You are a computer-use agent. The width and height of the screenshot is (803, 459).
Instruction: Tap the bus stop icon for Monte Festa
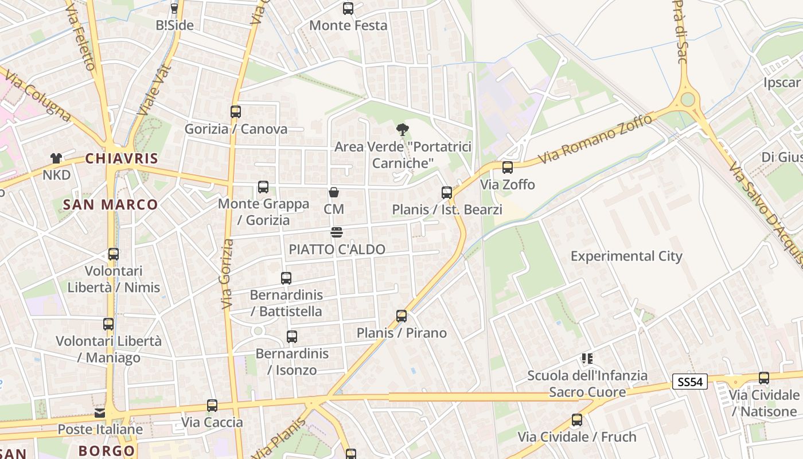point(348,9)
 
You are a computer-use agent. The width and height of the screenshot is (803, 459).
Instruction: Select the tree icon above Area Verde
point(403,130)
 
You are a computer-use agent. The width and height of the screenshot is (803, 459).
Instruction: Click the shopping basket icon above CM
point(334,192)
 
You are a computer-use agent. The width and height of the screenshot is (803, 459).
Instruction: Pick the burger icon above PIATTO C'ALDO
point(337,232)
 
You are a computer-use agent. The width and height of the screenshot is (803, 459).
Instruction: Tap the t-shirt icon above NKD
point(56,158)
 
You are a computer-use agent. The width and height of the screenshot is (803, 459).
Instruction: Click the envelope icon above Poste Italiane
point(100,413)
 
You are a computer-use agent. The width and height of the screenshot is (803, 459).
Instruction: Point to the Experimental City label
point(626,256)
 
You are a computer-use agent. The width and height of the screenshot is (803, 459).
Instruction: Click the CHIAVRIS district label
point(122,158)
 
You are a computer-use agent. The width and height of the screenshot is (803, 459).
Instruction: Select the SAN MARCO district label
point(110,204)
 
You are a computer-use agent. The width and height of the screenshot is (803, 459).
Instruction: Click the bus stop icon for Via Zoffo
point(508,168)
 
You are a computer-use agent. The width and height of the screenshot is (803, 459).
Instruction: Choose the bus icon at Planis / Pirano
point(402,316)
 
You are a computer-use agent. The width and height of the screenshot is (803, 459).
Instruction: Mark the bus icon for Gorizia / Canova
point(236,111)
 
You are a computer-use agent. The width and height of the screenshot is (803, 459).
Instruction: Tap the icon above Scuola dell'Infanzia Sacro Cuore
point(587,359)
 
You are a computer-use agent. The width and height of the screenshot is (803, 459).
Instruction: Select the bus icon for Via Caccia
point(212,406)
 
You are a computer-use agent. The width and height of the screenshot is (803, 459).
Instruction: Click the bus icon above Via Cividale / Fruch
point(577,420)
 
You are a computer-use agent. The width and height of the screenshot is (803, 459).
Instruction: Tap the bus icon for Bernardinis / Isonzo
point(292,337)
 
